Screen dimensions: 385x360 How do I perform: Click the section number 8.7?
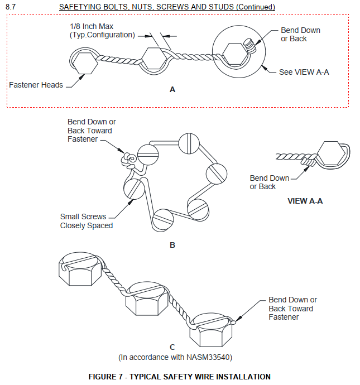11,7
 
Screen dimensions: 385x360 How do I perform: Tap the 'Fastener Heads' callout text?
36,85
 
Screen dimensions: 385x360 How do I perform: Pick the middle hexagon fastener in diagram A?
152,59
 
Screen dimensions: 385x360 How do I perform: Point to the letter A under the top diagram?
172,89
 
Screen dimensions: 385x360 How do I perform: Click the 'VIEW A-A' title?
305,201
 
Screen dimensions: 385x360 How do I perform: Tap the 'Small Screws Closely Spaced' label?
87,221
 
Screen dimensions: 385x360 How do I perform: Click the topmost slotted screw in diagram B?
189,143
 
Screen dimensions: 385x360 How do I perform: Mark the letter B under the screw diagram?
172,245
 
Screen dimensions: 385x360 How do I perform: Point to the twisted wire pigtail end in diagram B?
128,161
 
